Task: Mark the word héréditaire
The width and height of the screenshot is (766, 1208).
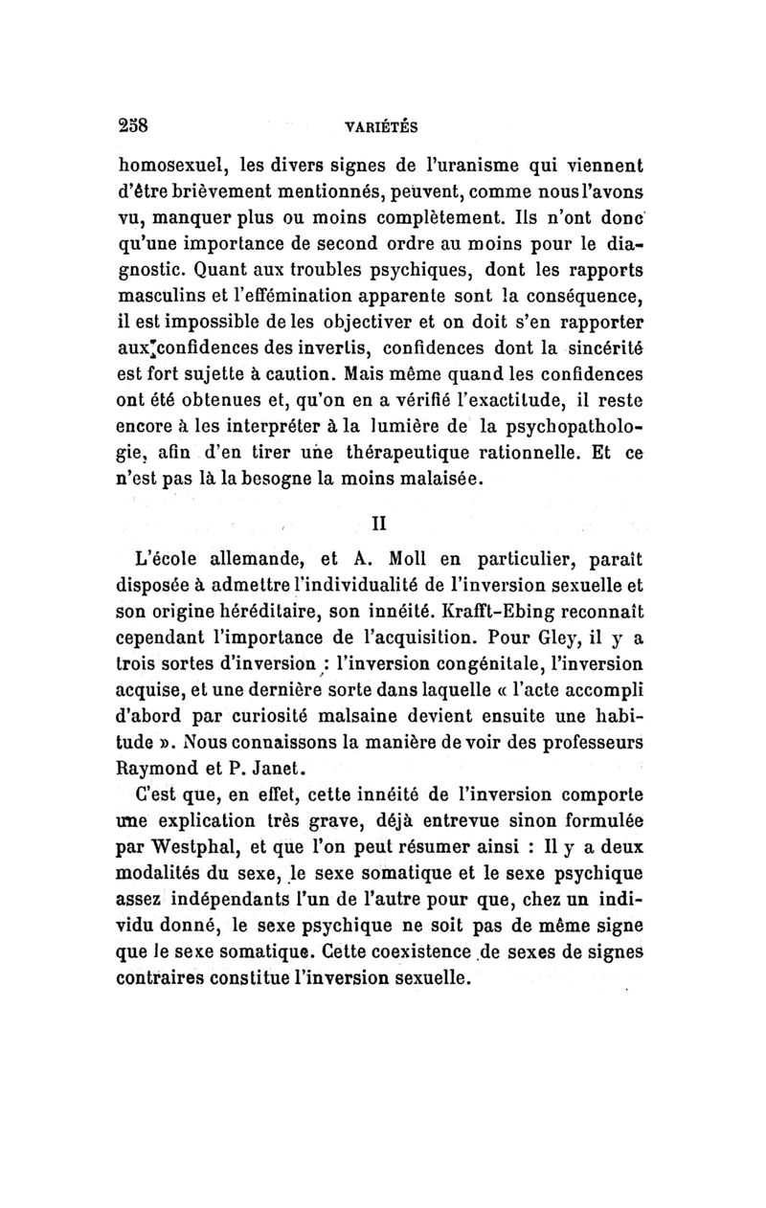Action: pyautogui.click(x=305, y=607)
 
